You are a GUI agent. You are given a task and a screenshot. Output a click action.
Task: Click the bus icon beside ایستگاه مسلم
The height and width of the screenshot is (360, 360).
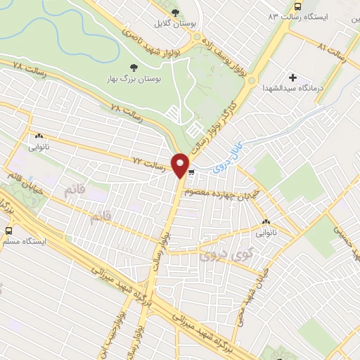(x=8, y=230)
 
